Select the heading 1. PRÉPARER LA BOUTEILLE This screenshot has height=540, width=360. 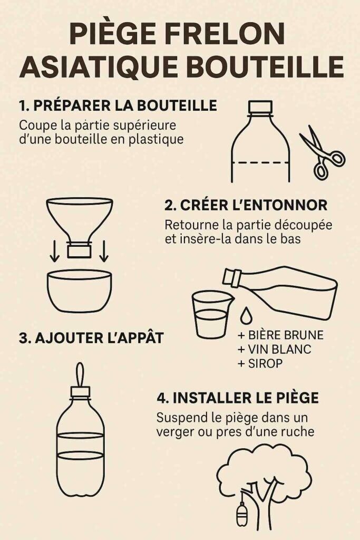[x=118, y=105]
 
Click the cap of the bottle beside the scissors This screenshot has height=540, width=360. [x=260, y=107]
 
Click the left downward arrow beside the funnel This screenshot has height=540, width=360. [x=54, y=252]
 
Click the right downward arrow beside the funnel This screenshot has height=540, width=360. [x=104, y=252]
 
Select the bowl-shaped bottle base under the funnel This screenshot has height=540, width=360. [x=80, y=291]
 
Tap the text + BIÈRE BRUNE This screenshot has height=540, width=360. [x=280, y=335]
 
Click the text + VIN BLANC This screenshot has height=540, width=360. [x=274, y=349]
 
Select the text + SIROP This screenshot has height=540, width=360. [x=260, y=363]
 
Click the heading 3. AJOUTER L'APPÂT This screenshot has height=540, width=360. [x=91, y=338]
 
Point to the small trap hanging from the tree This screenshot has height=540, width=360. [x=241, y=513]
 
